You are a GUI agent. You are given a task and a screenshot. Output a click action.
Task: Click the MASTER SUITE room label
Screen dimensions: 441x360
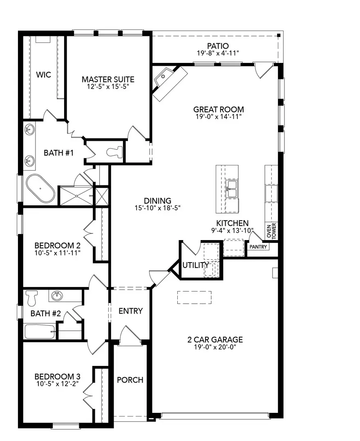[108, 79]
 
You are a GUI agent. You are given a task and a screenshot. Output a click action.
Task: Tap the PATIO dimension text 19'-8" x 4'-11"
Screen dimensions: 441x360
[217, 53]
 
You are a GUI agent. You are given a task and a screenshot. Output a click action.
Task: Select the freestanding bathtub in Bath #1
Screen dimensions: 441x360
[40, 189]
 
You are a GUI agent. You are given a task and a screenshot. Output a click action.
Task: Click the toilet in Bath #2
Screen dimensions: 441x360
[32, 298]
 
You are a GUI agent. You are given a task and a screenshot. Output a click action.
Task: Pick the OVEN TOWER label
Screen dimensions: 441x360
[271, 231]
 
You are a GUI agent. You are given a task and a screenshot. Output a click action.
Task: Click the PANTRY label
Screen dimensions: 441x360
[258, 247]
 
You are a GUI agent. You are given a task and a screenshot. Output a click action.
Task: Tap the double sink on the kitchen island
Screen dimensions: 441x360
[232, 189]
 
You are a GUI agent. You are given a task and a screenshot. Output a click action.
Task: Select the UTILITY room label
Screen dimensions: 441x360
[196, 265]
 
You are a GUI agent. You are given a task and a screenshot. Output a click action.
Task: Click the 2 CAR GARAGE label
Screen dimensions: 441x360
[215, 339]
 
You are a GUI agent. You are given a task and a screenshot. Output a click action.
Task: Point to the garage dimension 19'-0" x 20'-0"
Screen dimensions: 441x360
[215, 347]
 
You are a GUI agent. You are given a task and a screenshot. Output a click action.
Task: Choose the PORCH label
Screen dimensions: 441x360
[130, 380]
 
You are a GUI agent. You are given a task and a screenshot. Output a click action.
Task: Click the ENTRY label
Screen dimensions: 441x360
[130, 311]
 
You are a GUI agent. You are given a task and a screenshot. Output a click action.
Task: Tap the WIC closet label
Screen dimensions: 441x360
[43, 75]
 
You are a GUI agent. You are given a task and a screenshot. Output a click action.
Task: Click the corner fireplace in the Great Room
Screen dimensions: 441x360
[169, 82]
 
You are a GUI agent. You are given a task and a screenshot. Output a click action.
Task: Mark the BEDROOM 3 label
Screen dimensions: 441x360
[57, 376]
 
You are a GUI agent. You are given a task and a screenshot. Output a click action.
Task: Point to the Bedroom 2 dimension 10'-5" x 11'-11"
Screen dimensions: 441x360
[57, 253]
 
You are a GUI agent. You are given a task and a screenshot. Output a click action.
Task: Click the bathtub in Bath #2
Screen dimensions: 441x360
[40, 331]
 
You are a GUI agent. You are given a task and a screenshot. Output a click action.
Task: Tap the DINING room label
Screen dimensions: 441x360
[157, 200]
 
